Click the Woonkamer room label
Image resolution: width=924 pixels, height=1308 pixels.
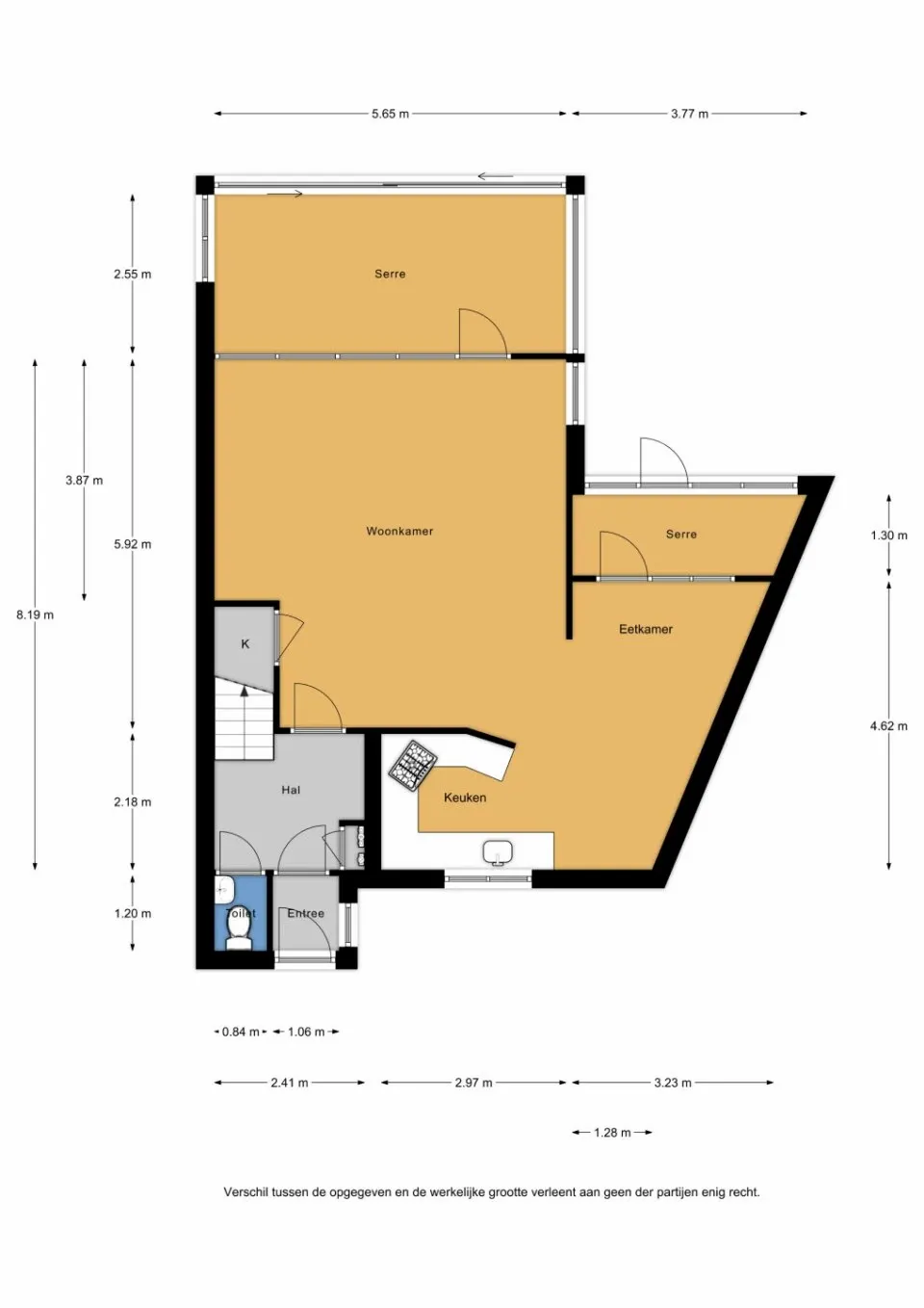click(399, 531)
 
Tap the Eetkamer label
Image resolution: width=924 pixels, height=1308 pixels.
click(646, 629)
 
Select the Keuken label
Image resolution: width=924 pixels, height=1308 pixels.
click(465, 798)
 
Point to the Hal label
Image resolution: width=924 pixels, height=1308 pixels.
click(291, 790)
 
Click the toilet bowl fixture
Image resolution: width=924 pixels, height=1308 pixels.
click(239, 934)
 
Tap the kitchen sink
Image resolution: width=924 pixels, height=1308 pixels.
click(498, 851)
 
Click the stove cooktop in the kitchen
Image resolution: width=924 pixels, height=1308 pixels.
click(413, 766)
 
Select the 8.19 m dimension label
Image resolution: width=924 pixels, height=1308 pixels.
click(35, 615)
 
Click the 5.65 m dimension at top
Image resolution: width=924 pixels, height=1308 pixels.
click(390, 114)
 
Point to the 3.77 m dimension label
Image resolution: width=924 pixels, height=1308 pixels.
click(689, 114)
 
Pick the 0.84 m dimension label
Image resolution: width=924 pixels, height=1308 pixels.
click(241, 1032)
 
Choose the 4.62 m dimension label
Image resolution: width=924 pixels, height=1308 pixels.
click(889, 726)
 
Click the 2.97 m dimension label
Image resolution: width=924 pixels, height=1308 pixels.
click(474, 1083)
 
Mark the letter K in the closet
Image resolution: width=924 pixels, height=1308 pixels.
click(245, 644)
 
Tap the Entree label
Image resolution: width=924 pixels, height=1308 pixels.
click(306, 913)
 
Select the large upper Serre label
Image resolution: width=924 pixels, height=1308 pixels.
click(390, 274)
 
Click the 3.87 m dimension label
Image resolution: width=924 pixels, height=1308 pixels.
click(84, 480)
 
